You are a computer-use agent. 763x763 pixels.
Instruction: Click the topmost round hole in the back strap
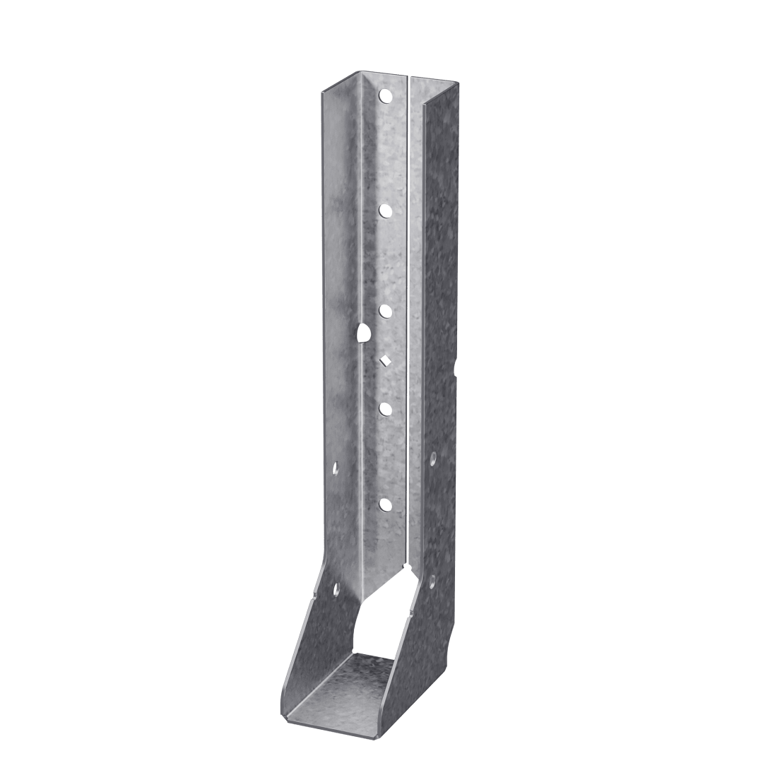click(385, 94)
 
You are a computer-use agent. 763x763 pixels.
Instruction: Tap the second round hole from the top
click(386, 210)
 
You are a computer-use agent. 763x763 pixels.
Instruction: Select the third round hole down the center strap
click(386, 309)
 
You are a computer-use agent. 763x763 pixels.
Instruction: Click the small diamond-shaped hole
click(385, 360)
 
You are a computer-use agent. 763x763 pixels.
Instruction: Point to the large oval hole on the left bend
click(363, 332)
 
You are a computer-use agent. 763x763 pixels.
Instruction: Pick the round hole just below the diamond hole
click(386, 408)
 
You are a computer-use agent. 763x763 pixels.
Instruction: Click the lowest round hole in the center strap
click(385, 504)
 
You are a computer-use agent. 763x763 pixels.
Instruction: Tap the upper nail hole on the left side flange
click(336, 466)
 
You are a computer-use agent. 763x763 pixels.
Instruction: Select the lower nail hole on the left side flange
click(334, 588)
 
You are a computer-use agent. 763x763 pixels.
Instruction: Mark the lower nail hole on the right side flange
click(431, 581)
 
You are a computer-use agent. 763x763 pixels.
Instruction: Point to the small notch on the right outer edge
click(457, 366)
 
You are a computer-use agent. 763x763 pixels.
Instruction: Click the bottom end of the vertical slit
click(408, 565)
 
